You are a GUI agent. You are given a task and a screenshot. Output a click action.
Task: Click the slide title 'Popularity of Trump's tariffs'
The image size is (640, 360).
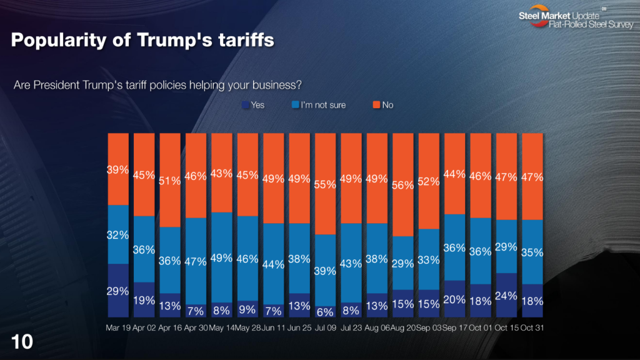coord(142,40)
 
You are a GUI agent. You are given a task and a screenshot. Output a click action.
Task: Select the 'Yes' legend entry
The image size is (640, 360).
coord(253,105)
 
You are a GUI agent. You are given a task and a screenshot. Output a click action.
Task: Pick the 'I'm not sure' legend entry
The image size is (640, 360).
coord(318,105)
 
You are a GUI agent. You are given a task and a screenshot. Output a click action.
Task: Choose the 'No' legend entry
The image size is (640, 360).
coord(382,105)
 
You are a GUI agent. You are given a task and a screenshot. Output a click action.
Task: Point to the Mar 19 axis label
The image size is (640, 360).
coord(117,328)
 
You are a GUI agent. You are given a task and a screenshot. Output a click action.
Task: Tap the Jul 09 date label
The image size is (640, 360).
coord(326,328)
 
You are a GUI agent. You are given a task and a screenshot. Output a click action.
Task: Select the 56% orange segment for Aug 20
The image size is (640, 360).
coord(403,184)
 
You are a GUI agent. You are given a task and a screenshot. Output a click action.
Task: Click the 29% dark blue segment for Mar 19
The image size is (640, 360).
coord(117,291)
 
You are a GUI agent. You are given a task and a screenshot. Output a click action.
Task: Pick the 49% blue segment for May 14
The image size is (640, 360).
coord(222,257)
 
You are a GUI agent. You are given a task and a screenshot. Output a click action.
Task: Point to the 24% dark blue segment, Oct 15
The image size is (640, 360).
coord(506,296)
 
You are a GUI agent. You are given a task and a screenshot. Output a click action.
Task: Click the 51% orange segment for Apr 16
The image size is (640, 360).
coord(170,180)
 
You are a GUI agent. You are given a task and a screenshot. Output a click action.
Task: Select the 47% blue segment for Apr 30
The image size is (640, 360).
coord(196,261)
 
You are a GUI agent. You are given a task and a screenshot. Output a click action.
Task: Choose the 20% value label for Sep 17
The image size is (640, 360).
coord(454,300)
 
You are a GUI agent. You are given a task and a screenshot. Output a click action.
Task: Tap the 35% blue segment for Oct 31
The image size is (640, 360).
coord(532,252)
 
